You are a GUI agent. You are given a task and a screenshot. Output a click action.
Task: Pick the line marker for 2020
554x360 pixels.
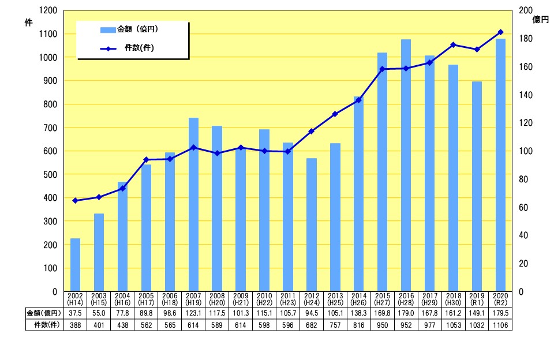(x=500, y=32)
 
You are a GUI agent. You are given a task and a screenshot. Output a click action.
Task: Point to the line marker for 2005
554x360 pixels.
(x=146, y=160)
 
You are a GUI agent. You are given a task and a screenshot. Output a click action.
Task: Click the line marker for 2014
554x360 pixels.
(x=359, y=100)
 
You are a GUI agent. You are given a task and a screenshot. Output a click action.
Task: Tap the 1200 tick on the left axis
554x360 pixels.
(x=49, y=10)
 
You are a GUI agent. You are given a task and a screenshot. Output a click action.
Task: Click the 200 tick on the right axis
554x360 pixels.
(x=524, y=10)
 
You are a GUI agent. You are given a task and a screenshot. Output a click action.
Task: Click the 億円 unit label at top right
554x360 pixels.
(x=541, y=20)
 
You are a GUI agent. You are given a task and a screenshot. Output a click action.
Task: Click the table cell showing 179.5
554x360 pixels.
(x=500, y=313)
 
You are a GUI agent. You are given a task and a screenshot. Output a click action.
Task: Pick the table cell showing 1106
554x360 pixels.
(x=500, y=325)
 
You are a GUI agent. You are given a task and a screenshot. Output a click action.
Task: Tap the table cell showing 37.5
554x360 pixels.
(x=75, y=313)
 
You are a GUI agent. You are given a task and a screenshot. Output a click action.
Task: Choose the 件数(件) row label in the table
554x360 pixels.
(x=44, y=325)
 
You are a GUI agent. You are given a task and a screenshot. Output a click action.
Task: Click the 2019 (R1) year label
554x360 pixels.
(x=477, y=299)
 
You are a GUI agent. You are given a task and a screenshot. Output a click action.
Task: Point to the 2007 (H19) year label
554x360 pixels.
(x=193, y=299)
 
